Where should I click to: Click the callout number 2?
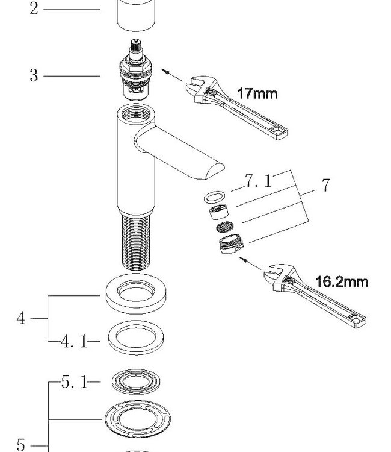(x=34, y=9)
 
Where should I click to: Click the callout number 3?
(x=34, y=76)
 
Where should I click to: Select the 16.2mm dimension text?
(x=342, y=281)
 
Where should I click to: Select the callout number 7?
(x=325, y=185)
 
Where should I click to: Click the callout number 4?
(x=21, y=318)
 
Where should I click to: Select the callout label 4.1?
(x=73, y=342)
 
